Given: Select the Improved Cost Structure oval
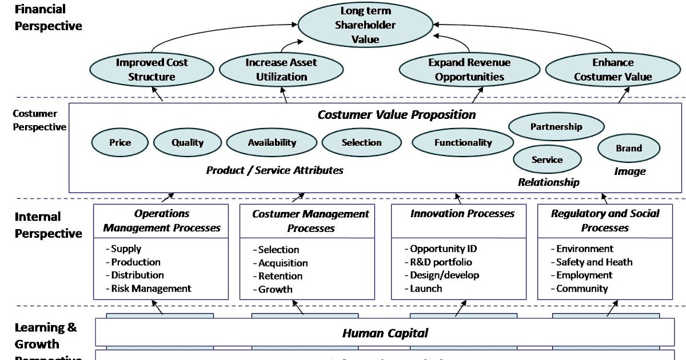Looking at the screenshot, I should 151,70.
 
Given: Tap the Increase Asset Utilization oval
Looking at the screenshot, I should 281,70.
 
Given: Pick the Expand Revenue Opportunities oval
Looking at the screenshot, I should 469,70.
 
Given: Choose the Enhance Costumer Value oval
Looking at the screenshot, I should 613,70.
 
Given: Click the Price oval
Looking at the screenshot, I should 120,143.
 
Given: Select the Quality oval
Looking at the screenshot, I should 188,143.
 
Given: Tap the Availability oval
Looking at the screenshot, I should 272,143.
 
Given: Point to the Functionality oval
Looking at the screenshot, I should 462,143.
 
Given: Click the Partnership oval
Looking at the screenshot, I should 556,127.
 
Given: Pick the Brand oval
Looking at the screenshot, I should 628,149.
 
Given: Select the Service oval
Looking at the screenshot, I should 547,160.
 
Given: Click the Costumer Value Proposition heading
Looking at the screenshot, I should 396,114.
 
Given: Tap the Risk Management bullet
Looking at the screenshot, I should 151,289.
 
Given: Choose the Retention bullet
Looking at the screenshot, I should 280,276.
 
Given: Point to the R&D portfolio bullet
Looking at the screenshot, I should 441,262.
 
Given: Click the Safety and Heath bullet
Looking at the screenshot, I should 594,262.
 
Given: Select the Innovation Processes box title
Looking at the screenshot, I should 462,214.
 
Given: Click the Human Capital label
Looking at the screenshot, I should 385,333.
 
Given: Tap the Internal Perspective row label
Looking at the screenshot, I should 48,225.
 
